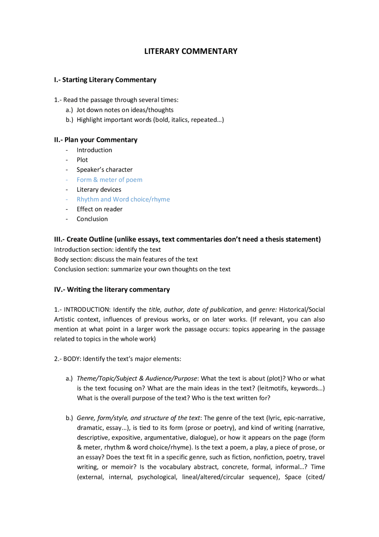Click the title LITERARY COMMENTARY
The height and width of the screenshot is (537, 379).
tap(191, 51)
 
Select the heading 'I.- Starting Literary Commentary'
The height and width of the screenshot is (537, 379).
tap(105, 80)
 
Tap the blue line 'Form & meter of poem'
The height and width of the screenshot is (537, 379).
tap(109, 180)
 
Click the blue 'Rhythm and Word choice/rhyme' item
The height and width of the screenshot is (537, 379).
tap(123, 199)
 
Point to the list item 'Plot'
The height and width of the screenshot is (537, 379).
tap(82, 160)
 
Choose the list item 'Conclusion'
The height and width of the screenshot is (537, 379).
tap(92, 219)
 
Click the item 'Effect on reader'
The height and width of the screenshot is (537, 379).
tap(99, 209)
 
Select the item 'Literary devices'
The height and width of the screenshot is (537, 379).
tap(99, 189)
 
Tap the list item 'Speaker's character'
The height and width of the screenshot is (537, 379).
tap(105, 170)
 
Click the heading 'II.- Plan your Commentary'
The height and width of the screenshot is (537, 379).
tap(96, 140)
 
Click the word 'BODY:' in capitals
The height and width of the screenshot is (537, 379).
tap(72, 359)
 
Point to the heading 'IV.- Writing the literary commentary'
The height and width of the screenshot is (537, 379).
tap(112, 289)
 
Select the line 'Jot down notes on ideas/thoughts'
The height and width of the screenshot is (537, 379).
tap(125, 110)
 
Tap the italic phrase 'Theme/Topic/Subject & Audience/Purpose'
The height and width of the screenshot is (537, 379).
tap(137, 378)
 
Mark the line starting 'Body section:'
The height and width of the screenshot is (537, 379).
tap(126, 259)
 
